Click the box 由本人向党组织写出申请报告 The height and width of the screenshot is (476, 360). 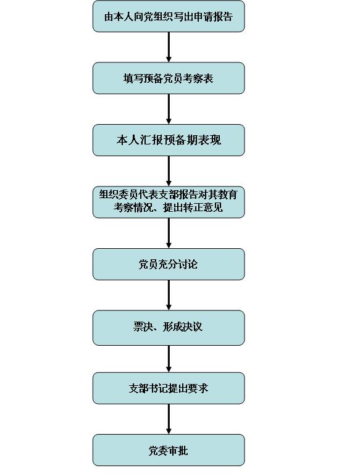pyautogui.click(x=169, y=17)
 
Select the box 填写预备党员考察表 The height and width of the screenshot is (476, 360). pyautogui.click(x=169, y=78)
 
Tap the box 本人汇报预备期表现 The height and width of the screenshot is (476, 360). pyautogui.click(x=169, y=140)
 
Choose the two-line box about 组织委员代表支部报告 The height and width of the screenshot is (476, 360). pyautogui.click(x=169, y=202)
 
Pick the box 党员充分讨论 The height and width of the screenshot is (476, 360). pyautogui.click(x=169, y=264)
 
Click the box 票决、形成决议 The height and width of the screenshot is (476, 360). pyautogui.click(x=169, y=328)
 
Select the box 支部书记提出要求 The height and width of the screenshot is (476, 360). pyautogui.click(x=169, y=388)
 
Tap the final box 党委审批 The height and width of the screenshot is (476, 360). pyautogui.click(x=169, y=450)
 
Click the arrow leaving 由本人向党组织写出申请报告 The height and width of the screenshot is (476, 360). pyautogui.click(x=169, y=48)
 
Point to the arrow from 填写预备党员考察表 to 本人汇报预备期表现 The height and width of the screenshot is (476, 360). pyautogui.click(x=169, y=109)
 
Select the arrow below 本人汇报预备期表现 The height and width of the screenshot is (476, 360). pyautogui.click(x=169, y=171)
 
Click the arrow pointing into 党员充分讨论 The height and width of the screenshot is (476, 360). pyautogui.click(x=169, y=233)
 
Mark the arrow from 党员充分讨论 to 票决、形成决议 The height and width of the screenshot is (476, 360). pyautogui.click(x=169, y=295)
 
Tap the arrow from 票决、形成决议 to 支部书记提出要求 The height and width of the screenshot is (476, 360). pyautogui.click(x=169, y=359)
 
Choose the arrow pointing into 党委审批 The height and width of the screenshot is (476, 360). pyautogui.click(x=169, y=419)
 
